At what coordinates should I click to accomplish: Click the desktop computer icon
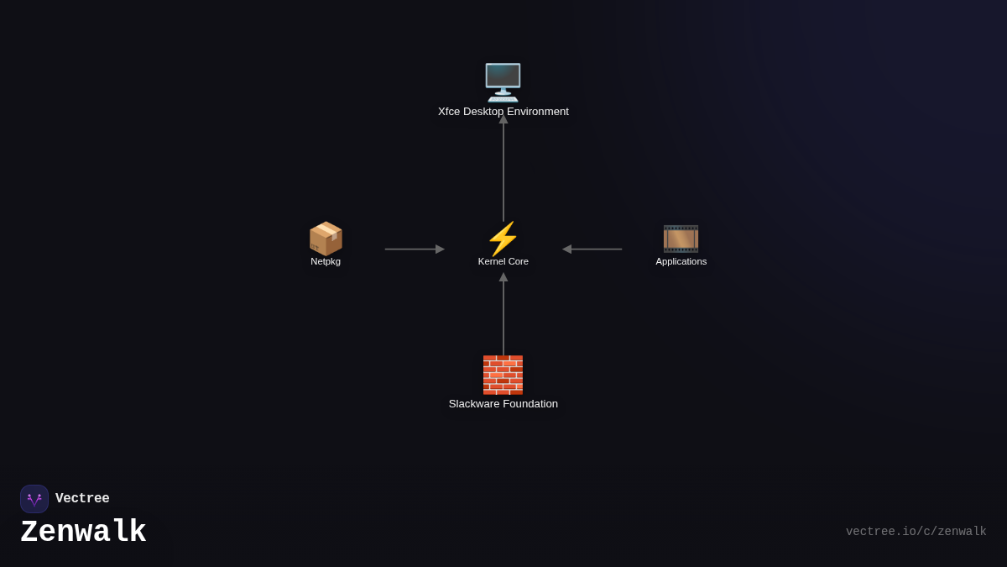coord(503,82)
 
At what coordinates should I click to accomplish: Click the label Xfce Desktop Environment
coord(503,112)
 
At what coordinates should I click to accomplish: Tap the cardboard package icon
coord(326,239)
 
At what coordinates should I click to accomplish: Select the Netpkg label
coord(326,261)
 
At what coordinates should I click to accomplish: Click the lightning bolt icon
coord(503,239)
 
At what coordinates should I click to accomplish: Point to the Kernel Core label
coord(503,261)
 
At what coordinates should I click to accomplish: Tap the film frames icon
coord(681,239)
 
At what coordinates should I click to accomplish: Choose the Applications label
coord(681,261)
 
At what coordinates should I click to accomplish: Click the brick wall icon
coord(503,375)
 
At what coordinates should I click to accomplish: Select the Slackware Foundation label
coord(503,404)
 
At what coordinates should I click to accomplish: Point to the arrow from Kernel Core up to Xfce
coord(503,168)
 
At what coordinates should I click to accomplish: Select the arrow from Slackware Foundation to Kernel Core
coord(503,315)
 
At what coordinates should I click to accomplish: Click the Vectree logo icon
coord(34,499)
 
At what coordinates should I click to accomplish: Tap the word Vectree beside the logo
coord(82,499)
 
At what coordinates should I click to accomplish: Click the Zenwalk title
coord(83,533)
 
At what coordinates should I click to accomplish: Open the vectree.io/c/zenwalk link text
coord(916,532)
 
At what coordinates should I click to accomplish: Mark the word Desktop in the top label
coord(484,112)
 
